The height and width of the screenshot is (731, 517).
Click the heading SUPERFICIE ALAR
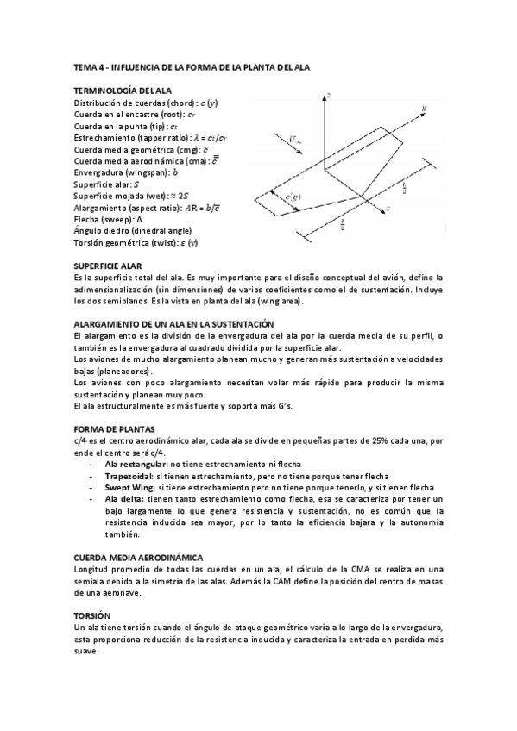tap(108, 266)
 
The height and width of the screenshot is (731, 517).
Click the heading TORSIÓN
tap(91, 615)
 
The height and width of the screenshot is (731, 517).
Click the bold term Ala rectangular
tap(136, 464)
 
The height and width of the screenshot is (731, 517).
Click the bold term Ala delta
tap(123, 499)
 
